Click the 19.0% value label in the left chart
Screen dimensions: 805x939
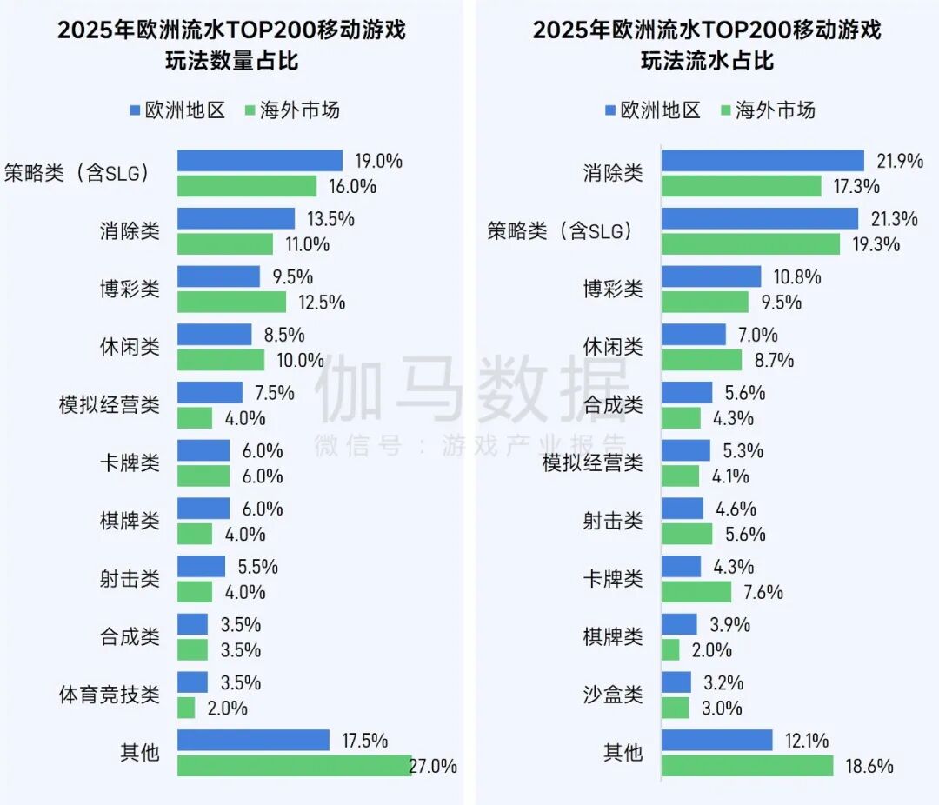pyautogui.click(x=378, y=161)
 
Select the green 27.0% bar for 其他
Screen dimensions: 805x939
pyautogui.click(x=294, y=766)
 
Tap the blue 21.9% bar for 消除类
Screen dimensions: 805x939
pyautogui.click(x=763, y=161)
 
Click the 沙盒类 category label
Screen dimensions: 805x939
pyautogui.click(x=613, y=695)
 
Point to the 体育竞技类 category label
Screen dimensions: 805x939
pyautogui.click(x=110, y=695)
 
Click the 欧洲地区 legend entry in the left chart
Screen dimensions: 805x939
pyautogui.click(x=177, y=110)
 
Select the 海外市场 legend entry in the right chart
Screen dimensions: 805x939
pyautogui.click(x=768, y=110)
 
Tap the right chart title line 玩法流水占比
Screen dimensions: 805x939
pyautogui.click(x=707, y=62)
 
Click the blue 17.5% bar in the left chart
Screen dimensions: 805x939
pyautogui.click(x=253, y=740)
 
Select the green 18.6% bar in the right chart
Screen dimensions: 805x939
pyautogui.click(x=747, y=766)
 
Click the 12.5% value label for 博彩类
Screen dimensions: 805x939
pyautogui.click(x=322, y=303)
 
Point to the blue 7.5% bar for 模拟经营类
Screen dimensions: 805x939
pyautogui.click(x=210, y=392)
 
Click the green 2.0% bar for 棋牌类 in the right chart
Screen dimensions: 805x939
pyautogui.click(x=670, y=649)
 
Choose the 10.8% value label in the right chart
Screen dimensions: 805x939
pyautogui.click(x=797, y=277)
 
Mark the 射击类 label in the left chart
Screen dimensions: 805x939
pyautogui.click(x=130, y=579)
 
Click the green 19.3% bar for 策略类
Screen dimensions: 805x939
pyautogui.click(x=750, y=244)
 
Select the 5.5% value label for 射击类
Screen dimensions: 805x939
pyautogui.click(x=257, y=567)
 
